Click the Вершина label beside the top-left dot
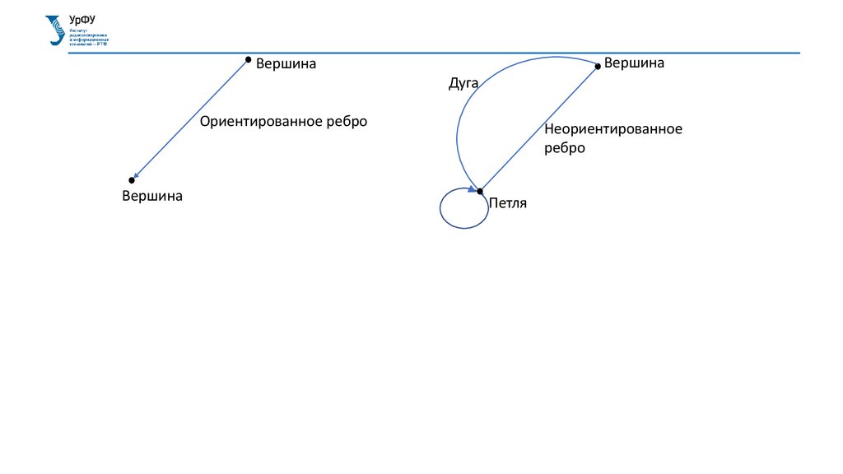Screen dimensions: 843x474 pos(286,63)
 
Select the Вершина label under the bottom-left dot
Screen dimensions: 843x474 pos(152,196)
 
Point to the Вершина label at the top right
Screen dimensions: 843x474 pos(634,63)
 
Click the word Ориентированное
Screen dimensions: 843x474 pos(261,121)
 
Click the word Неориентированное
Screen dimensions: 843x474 pos(612,129)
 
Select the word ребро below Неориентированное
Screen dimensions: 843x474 pos(564,148)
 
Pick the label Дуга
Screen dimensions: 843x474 pos(463,83)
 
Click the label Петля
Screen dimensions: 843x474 pos(507,203)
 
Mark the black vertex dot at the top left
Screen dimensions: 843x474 pos(248,59)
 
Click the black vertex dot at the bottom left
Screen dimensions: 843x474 pos(132,179)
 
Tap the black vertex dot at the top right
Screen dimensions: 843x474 pos(598,65)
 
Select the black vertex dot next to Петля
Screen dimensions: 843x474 pos(480,191)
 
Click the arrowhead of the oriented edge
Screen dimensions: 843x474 pos(137,174)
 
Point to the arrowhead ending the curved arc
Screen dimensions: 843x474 pos(473,188)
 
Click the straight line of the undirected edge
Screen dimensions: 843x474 pos(539,128)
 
